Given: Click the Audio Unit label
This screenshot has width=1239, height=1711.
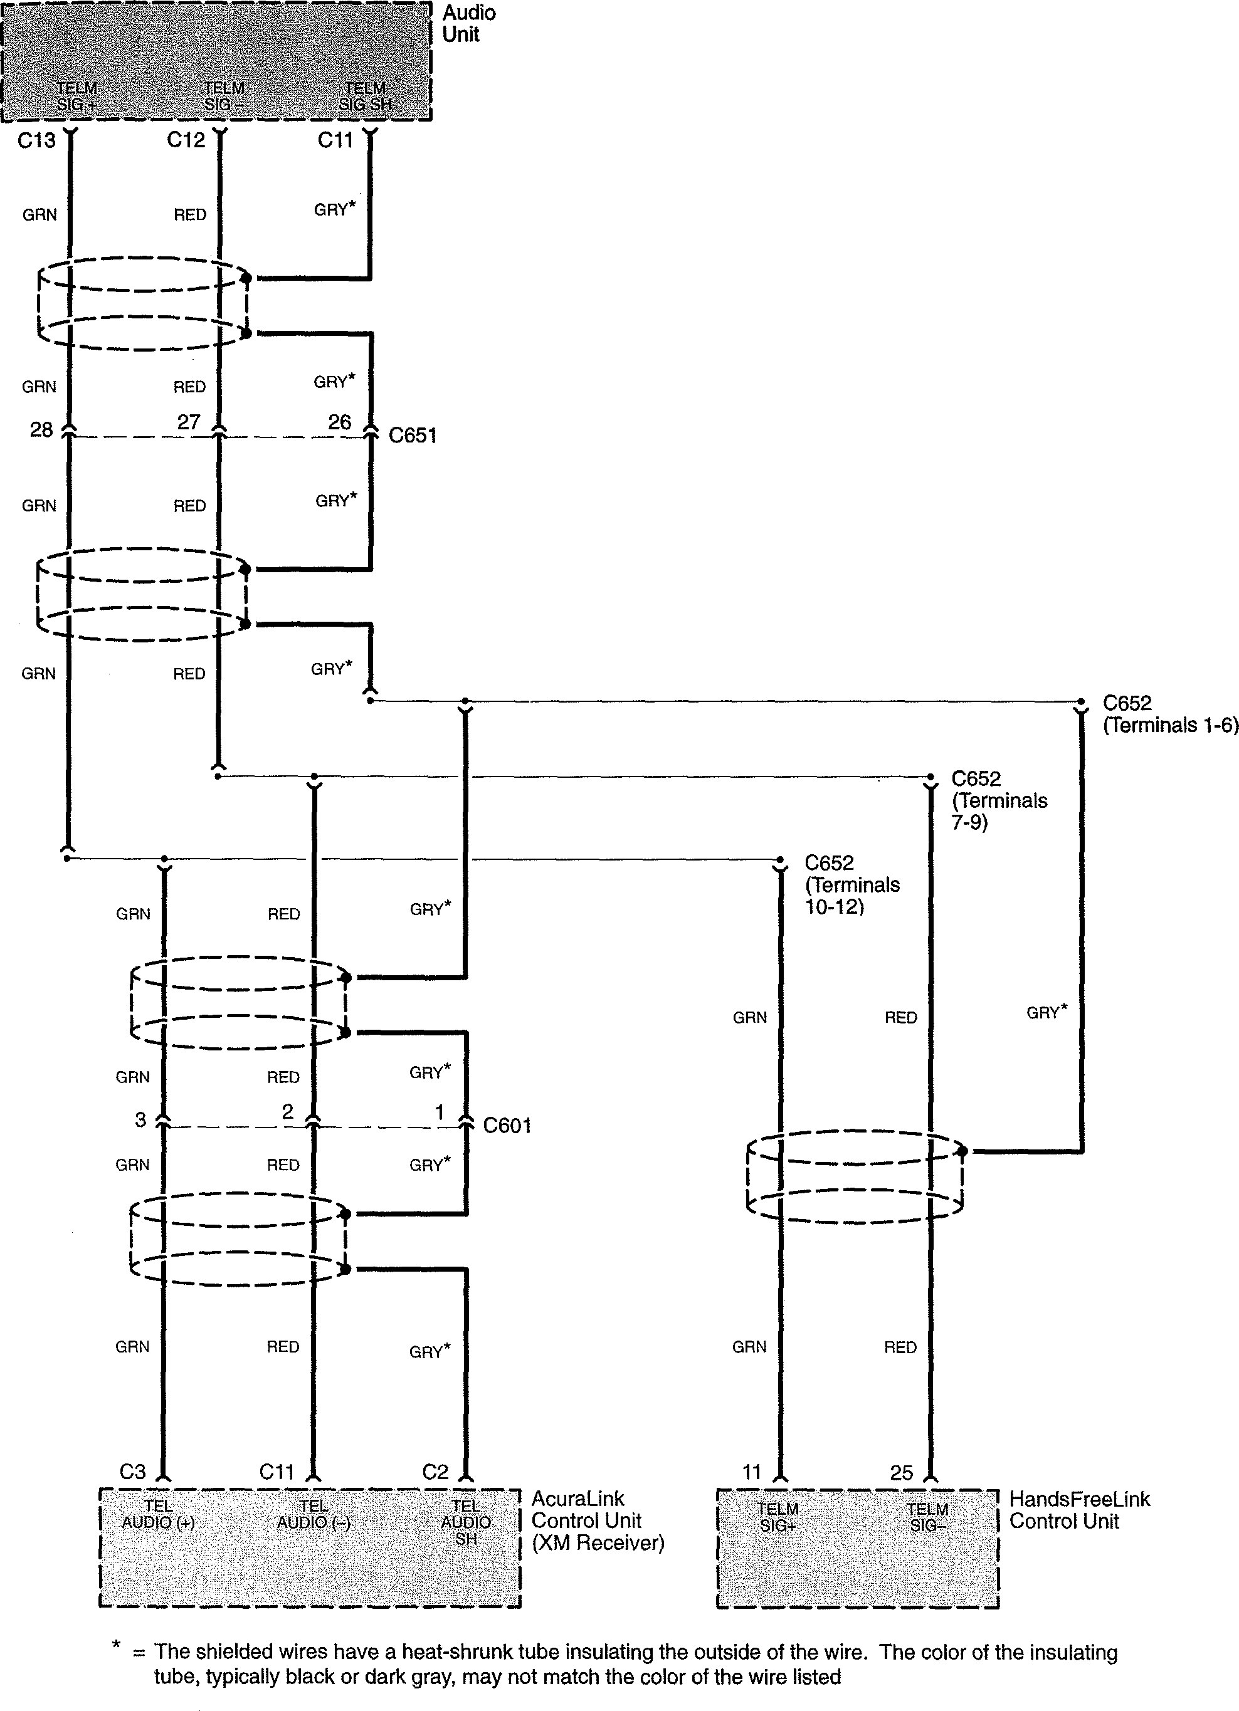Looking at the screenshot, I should [x=468, y=23].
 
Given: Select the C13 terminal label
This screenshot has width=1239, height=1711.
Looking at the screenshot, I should [x=36, y=140].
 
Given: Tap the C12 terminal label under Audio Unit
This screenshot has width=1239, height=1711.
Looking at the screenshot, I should [x=186, y=140].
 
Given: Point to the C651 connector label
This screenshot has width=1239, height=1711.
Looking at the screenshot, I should [x=412, y=436].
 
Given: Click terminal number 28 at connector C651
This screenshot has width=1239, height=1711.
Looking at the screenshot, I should [x=41, y=429].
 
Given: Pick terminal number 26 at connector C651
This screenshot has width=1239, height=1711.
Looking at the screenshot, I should [x=340, y=422].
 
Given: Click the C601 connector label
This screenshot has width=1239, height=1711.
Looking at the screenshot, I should [x=507, y=1126].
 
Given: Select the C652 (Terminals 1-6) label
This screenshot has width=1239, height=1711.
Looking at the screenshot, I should [x=1169, y=714].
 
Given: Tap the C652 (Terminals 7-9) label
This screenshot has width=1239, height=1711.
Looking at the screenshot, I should [x=999, y=800].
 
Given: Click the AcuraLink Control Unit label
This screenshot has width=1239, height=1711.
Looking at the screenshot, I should [x=598, y=1521].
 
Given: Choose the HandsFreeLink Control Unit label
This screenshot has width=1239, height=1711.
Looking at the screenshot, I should [x=1079, y=1510].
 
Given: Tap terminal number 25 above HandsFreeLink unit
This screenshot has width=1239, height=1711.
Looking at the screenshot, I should [x=901, y=1473].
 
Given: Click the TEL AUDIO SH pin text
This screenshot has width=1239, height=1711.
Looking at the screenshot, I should [x=466, y=1522].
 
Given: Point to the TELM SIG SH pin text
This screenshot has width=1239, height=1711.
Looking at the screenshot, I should [x=365, y=97].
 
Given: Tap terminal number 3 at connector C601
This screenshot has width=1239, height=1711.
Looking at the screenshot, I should [x=140, y=1119].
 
